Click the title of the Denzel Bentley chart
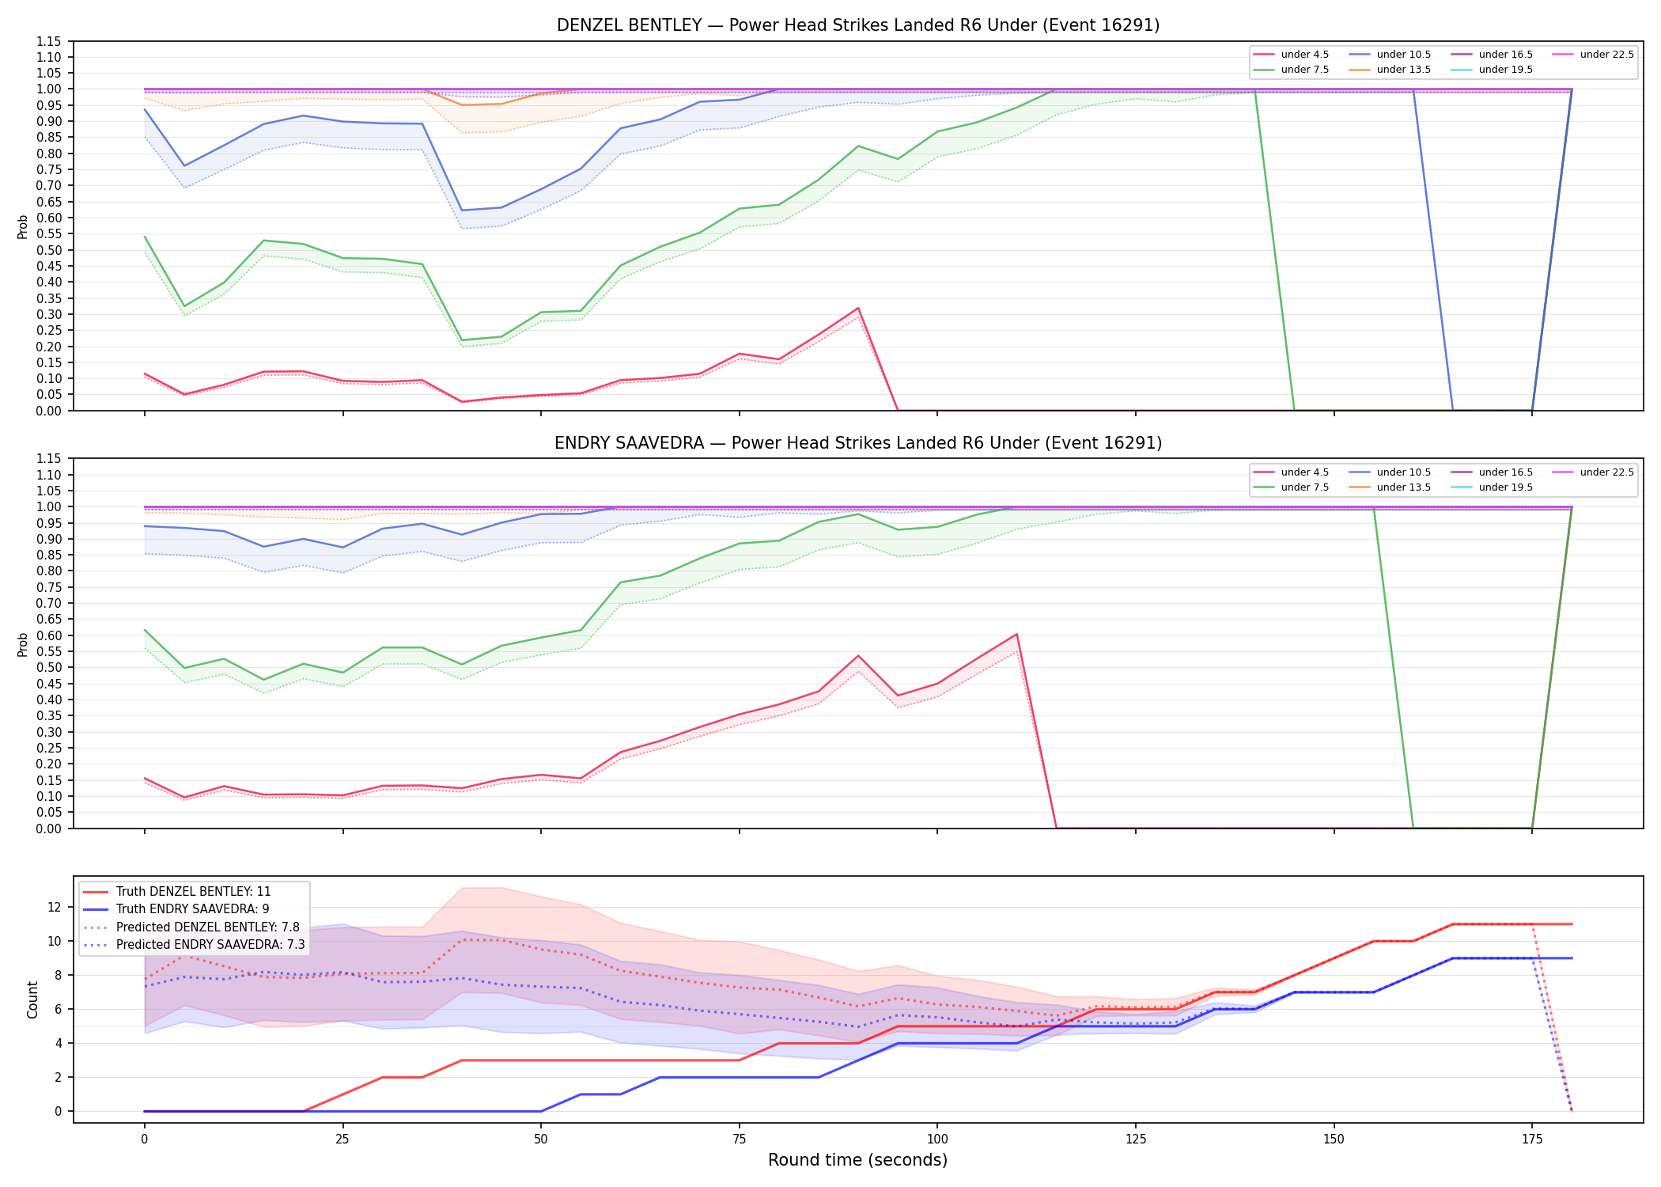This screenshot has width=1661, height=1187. [x=858, y=25]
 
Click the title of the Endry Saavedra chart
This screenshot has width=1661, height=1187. [x=858, y=443]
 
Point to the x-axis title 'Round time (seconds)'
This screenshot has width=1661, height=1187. [x=857, y=1160]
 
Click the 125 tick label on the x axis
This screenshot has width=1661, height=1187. [x=1135, y=1140]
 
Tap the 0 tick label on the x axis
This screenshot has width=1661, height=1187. [x=144, y=1140]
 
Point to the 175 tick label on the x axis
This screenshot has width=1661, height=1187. [x=1532, y=1140]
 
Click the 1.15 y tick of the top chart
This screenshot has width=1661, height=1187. [x=49, y=41]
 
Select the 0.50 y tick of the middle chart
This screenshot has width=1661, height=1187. [x=49, y=667]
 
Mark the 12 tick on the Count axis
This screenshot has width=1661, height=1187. [x=55, y=907]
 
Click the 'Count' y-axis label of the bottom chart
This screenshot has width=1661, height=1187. [x=32, y=999]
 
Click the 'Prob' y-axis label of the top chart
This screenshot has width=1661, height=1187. [x=23, y=226]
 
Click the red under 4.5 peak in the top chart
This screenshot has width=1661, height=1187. [x=857, y=308]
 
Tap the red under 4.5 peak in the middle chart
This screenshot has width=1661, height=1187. [x=1016, y=634]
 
